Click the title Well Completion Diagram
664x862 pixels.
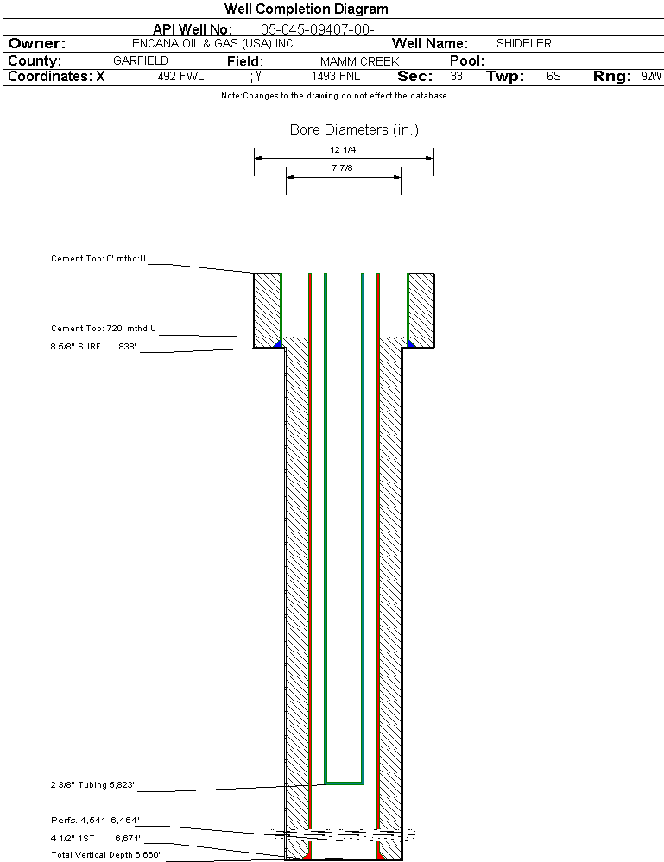click(x=306, y=9)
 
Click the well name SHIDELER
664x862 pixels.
click(x=523, y=43)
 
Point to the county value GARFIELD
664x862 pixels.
click(x=141, y=61)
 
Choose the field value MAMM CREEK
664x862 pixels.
click(x=359, y=61)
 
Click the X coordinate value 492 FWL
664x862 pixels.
click(x=180, y=77)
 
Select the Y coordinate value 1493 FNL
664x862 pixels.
click(x=336, y=77)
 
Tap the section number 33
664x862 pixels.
click(x=456, y=77)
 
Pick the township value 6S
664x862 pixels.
click(x=553, y=77)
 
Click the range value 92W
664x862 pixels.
click(x=651, y=77)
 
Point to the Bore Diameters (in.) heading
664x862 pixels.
click(x=354, y=130)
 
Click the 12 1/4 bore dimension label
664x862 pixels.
click(x=343, y=149)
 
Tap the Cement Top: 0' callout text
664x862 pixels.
click(x=98, y=258)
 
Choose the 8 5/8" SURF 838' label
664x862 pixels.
click(x=93, y=347)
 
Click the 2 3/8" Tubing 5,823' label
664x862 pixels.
click(x=92, y=785)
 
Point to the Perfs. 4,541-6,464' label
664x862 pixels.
click(x=95, y=820)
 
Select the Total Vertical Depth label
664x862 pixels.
click(x=105, y=854)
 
